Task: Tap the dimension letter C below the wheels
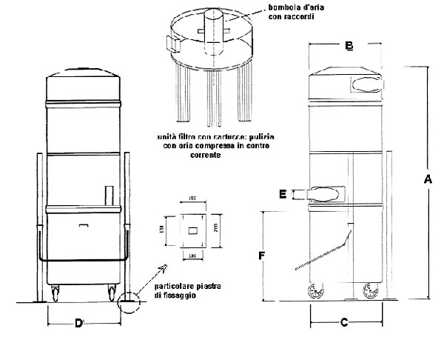click(x=343, y=323)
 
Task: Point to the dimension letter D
click(x=78, y=323)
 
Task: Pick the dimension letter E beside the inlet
click(x=283, y=194)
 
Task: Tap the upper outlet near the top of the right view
click(x=362, y=83)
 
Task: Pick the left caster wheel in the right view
click(x=314, y=292)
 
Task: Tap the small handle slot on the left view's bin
click(x=83, y=224)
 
